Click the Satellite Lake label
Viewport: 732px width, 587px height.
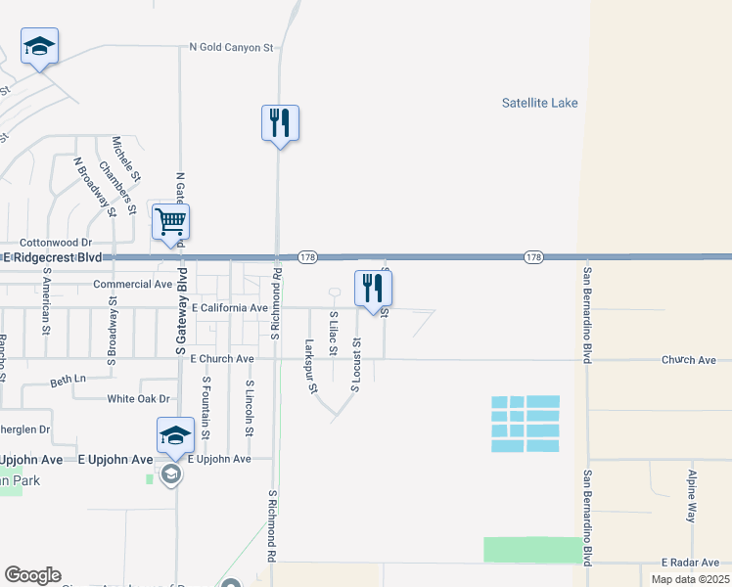click(x=539, y=103)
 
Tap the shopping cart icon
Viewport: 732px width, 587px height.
click(x=170, y=221)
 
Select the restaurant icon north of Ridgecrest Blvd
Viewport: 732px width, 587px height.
click(x=280, y=123)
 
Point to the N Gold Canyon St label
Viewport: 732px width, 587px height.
click(x=230, y=47)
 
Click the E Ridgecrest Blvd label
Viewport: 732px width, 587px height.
click(x=53, y=257)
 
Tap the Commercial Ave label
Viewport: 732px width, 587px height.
click(x=132, y=285)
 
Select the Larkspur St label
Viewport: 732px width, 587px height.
click(x=311, y=366)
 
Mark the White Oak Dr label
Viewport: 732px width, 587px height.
click(x=138, y=398)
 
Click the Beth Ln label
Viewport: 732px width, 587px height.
click(x=69, y=378)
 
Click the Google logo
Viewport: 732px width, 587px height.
click(x=32, y=575)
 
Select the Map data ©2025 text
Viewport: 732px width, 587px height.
click(x=689, y=579)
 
